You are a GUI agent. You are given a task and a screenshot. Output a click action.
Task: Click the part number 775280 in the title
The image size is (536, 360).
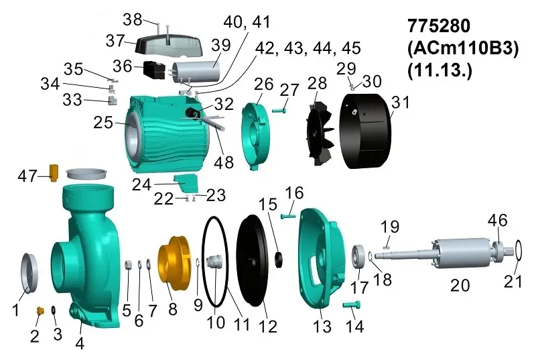point(439,27)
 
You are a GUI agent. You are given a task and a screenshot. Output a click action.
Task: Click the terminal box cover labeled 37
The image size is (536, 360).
point(168,46)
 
